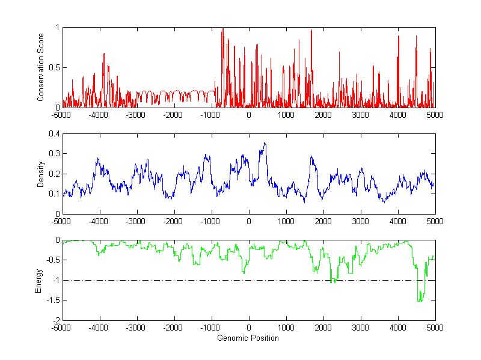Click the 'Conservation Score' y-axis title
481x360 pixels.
click(x=40, y=67)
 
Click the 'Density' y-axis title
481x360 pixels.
click(x=40, y=174)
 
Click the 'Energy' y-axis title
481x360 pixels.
click(x=40, y=280)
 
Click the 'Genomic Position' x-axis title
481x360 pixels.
click(x=248, y=338)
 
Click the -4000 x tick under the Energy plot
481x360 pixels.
click(x=99, y=328)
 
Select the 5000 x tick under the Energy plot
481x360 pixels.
click(x=435, y=328)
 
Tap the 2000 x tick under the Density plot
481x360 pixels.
click(x=323, y=221)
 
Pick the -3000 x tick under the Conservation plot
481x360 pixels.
click(x=136, y=115)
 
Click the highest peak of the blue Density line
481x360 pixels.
click(x=265, y=143)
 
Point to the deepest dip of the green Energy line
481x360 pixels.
click(x=420, y=301)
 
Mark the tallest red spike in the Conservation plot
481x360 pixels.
click(x=222, y=29)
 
